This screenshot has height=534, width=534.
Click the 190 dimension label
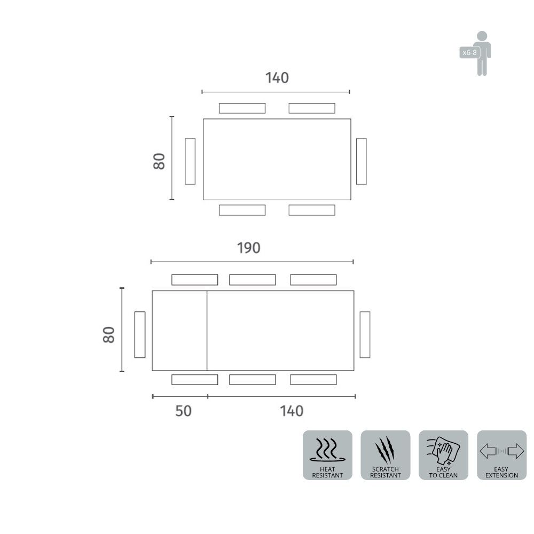tap(249, 248)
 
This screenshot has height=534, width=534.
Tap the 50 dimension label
tap(183, 411)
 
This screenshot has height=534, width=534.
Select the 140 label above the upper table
tap(277, 78)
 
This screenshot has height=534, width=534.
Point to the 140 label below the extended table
tap(292, 411)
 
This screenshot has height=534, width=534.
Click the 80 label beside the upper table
tap(159, 161)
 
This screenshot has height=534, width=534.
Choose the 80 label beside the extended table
tap(108, 335)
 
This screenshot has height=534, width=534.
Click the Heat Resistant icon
tap(327, 455)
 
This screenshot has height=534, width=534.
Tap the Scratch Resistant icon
tap(386, 455)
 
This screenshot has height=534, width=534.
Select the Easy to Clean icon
tap(443, 455)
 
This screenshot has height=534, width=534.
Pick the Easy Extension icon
tap(501, 455)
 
